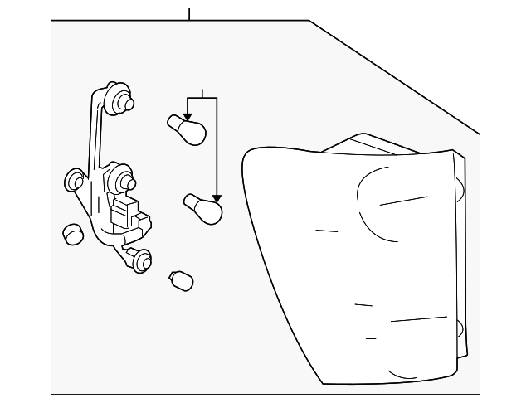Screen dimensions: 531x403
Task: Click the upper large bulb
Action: [188, 130]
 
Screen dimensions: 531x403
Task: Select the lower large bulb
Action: [203, 208]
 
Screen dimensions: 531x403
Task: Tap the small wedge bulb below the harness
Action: [181, 280]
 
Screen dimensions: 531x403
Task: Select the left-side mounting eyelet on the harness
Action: [75, 180]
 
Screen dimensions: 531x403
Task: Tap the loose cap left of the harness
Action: [73, 235]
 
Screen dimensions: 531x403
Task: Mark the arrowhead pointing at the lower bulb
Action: [217, 197]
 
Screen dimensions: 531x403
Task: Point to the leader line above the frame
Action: [189, 13]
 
